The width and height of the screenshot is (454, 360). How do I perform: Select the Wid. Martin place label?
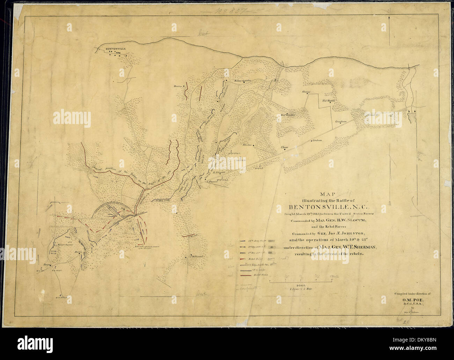click(x=328, y=101)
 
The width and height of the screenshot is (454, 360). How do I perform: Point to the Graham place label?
click(x=317, y=141)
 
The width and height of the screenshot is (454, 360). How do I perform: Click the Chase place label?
click(x=284, y=147)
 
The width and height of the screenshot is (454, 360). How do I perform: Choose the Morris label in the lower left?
click(x=78, y=251)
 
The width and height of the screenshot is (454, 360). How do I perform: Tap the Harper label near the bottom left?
click(x=47, y=265)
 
